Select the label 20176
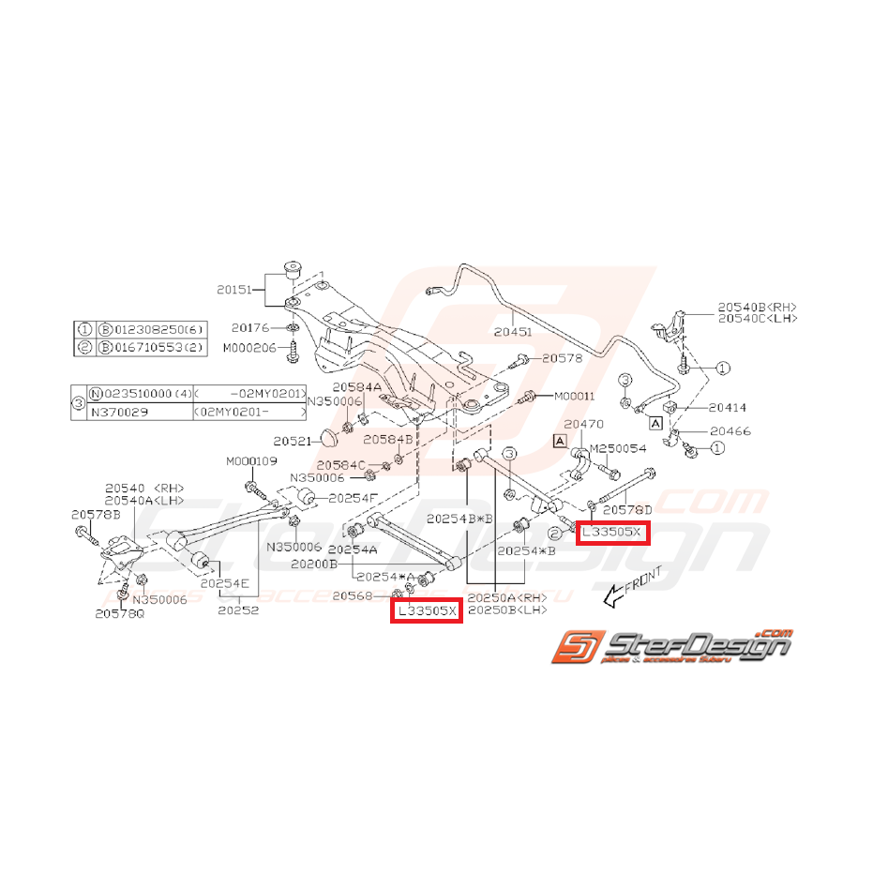pyautogui.click(x=250, y=328)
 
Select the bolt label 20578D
pyautogui.click(x=626, y=510)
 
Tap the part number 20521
pyautogui.click(x=292, y=440)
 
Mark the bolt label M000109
pyautogui.click(x=251, y=460)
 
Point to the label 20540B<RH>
pyautogui.click(x=758, y=306)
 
